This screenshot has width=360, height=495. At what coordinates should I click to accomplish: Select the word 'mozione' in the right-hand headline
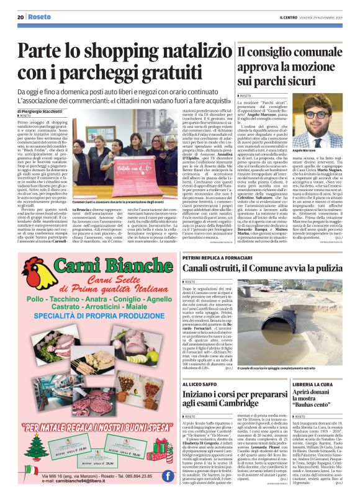(x=318, y=68)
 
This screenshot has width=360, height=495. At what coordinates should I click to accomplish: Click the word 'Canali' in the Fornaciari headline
(x=202, y=268)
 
